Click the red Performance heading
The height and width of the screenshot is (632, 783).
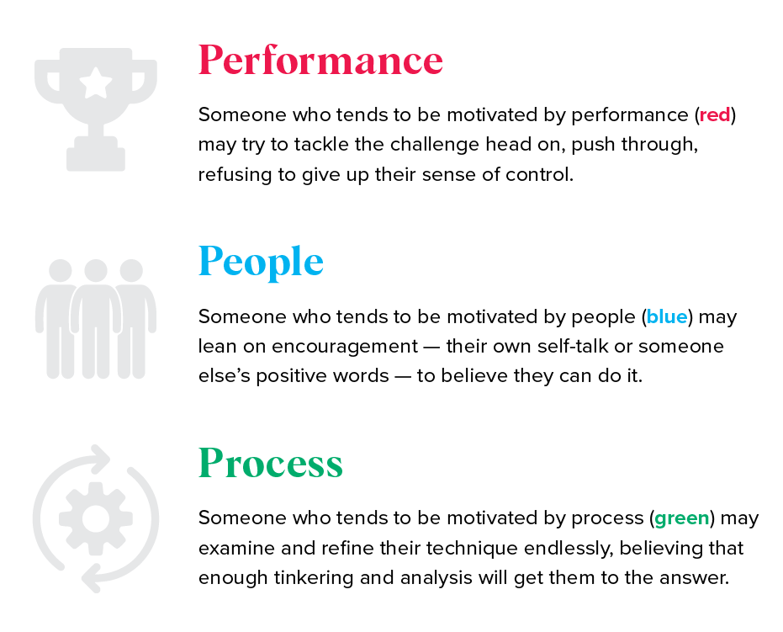tap(320, 60)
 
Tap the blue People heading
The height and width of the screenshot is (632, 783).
tap(261, 263)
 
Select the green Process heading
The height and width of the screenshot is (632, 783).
tap(271, 463)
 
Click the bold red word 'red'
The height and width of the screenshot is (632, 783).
tap(715, 115)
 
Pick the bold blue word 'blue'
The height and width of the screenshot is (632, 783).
tap(667, 316)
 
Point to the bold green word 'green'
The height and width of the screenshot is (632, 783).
tap(681, 518)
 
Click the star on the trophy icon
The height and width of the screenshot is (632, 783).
tap(96, 83)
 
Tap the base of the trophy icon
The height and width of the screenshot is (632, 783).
tap(96, 154)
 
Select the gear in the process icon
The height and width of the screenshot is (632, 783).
tap(96, 518)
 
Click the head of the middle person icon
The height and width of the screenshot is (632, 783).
tap(96, 270)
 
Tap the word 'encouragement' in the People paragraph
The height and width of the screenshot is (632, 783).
tap(345, 347)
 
